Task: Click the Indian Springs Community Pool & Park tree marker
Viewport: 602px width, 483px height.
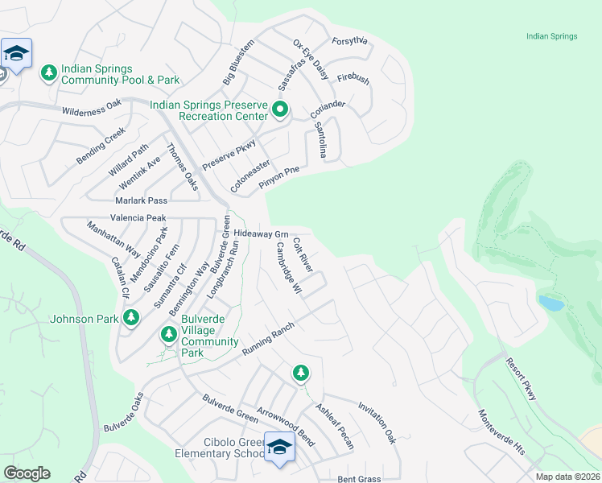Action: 49,73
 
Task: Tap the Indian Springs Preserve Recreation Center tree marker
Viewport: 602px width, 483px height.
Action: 280,109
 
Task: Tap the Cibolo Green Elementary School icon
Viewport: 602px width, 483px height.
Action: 279,448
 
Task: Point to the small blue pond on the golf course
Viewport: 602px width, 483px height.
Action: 551,303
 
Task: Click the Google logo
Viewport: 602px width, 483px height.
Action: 27,473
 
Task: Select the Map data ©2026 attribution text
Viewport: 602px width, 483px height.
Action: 567,477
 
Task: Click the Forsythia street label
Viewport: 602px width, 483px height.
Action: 349,42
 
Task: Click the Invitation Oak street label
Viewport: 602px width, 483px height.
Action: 377,423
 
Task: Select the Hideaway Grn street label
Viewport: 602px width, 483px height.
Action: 261,234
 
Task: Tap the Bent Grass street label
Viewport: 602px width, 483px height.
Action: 359,479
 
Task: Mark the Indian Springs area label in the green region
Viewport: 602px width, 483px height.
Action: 551,36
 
